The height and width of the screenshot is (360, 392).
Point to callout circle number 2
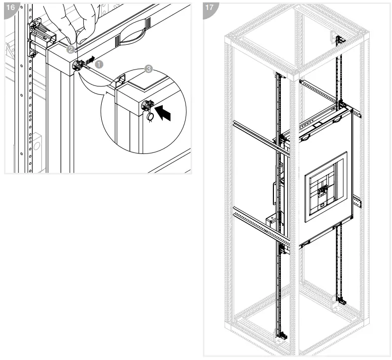pos(71,50)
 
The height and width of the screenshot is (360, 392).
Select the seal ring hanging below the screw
pos(149,116)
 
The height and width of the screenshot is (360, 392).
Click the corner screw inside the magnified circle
pos(148,105)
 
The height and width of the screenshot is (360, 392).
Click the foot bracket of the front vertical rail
pos(281,338)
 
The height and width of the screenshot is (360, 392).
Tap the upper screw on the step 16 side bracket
pos(33,23)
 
